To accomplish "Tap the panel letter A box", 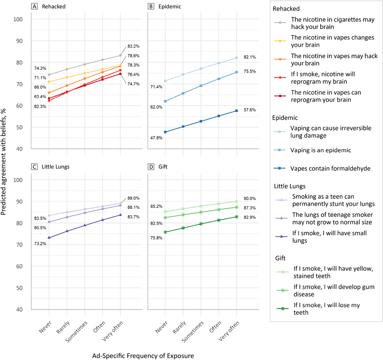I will coord(34,7).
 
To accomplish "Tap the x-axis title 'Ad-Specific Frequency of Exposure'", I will coord(142,355).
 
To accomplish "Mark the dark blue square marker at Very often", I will coord(237,111).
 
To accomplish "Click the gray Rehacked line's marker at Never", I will coord(49,75).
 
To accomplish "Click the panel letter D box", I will coord(151,167).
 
